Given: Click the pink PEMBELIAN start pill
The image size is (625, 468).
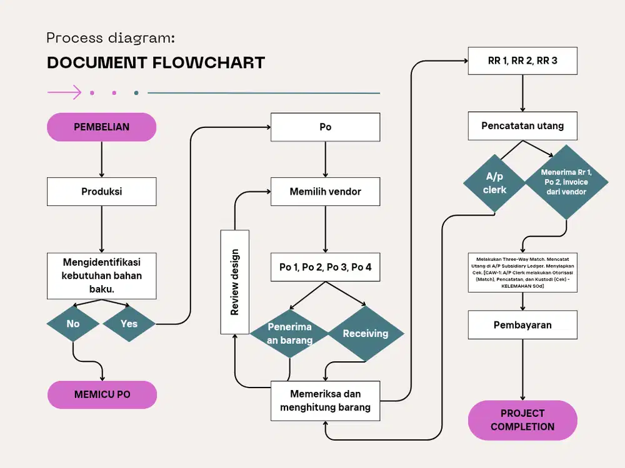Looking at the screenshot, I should [101, 127].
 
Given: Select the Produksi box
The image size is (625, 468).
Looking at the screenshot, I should [101, 192].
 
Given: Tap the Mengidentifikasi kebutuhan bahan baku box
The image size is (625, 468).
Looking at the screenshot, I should [101, 275].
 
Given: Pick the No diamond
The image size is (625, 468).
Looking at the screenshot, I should [73, 323].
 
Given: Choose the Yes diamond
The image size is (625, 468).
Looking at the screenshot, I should [129, 323].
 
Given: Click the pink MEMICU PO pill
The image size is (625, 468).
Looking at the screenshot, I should [102, 394].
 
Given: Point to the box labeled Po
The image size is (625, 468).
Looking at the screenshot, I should [325, 127].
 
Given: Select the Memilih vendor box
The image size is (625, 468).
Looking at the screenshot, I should [325, 192].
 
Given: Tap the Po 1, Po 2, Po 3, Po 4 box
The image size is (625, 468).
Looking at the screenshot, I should [325, 267].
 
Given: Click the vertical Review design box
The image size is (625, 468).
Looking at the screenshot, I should [234, 281].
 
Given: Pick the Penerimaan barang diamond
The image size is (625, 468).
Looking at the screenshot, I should [289, 334].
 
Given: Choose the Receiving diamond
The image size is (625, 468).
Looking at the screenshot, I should [366, 333].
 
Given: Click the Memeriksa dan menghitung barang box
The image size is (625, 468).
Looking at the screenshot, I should [325, 401].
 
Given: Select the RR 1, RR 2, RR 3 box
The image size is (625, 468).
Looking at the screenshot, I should [522, 61].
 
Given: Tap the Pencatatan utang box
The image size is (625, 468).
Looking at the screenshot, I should [522, 126].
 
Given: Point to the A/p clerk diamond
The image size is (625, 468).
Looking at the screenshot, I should [494, 182].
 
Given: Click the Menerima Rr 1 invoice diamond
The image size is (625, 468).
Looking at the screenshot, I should [566, 182].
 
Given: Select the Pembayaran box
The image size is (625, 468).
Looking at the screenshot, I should [522, 325].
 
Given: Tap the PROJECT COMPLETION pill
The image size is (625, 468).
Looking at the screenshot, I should [522, 420].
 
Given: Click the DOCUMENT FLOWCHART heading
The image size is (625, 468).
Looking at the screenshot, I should [156, 63].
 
